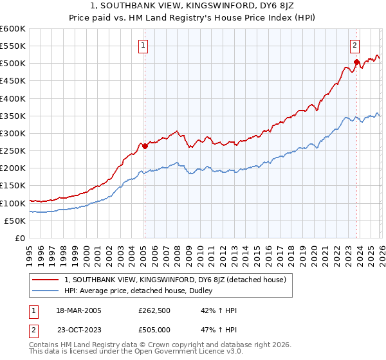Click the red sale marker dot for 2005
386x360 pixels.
click(x=145, y=146)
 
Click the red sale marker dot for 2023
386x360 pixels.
click(x=356, y=62)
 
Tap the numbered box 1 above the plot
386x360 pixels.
click(x=142, y=45)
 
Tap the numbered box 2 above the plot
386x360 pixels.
click(x=354, y=45)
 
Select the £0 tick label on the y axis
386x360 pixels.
click(x=21, y=238)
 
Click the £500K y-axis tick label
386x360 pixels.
click(x=13, y=64)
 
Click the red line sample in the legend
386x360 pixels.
click(x=46, y=280)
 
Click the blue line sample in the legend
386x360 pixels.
click(x=46, y=291)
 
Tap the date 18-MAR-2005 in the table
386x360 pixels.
click(x=78, y=310)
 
